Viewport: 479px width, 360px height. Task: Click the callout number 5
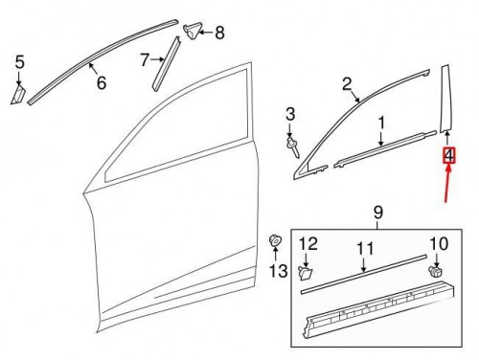point(19,63)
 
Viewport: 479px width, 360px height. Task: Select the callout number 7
point(145,60)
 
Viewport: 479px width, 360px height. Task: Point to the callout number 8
point(218,34)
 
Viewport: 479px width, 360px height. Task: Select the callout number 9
point(376,211)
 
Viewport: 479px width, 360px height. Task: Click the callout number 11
point(364,249)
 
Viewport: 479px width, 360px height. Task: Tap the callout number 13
point(277,272)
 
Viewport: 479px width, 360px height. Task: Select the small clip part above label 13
point(275,240)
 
